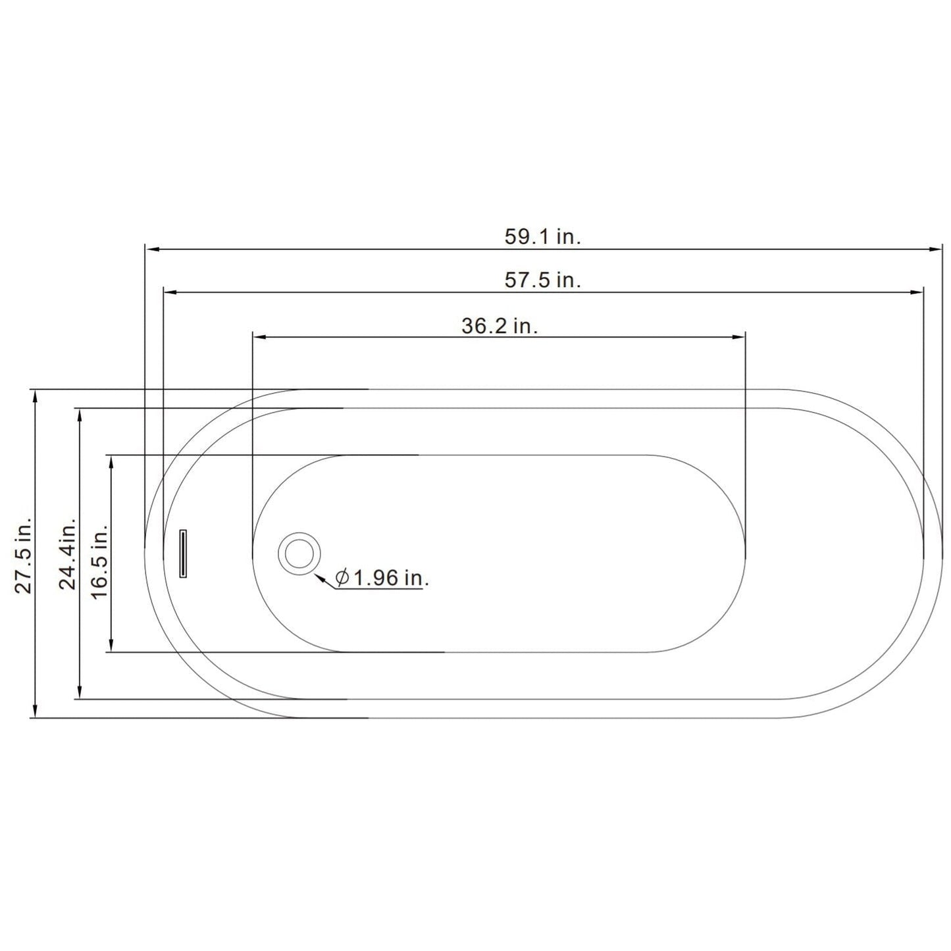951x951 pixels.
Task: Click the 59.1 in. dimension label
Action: tap(542, 237)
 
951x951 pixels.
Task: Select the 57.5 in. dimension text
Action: tap(542, 280)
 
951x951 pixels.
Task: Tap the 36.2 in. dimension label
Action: tap(500, 326)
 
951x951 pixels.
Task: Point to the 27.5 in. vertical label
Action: tap(23, 555)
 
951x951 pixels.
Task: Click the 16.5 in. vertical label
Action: tap(99, 561)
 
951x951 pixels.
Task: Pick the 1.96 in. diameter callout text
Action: tap(382, 578)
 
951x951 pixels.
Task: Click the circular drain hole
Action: tap(299, 553)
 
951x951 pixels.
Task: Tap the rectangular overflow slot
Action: tap(182, 553)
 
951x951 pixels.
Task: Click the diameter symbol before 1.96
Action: tap(342, 578)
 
